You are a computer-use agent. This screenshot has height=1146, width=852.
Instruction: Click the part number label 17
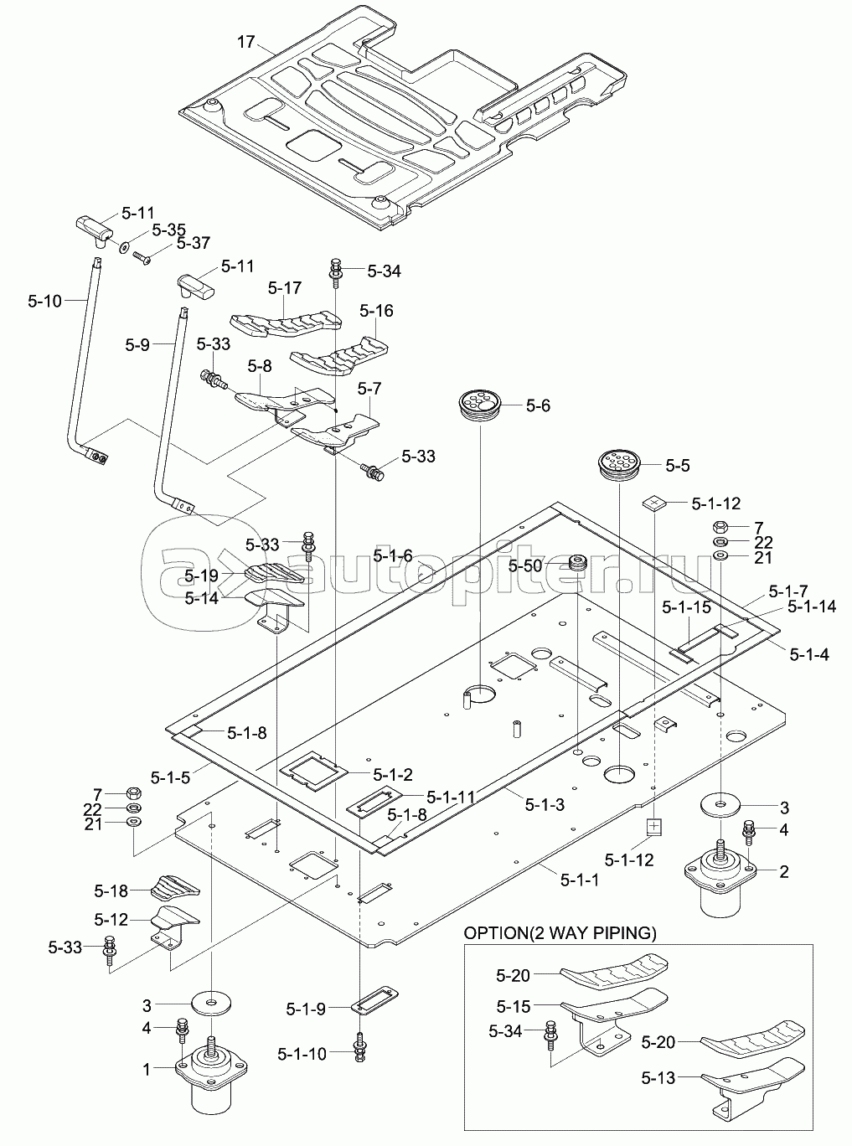coord(246,41)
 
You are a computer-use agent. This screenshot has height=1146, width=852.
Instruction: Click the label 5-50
coord(525,565)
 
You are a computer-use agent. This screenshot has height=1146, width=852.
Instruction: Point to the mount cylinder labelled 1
coord(211,1072)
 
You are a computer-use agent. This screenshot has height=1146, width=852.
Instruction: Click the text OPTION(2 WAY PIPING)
coord(560,933)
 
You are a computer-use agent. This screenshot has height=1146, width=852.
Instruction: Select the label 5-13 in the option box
coord(658,1078)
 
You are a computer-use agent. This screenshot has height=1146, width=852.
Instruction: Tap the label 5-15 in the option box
coord(513,1006)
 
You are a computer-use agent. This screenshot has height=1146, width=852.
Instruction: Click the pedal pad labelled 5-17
coord(286,323)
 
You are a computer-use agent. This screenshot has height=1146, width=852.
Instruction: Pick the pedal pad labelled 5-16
coord(340,356)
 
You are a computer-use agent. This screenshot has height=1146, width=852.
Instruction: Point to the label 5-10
coord(44,301)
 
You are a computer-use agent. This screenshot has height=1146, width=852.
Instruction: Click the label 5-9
coord(137,344)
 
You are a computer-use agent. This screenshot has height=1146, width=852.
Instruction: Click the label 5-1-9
coord(306,1009)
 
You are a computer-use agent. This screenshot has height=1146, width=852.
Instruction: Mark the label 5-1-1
coord(580,879)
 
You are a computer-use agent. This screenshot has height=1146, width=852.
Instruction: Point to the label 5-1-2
coord(393,774)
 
